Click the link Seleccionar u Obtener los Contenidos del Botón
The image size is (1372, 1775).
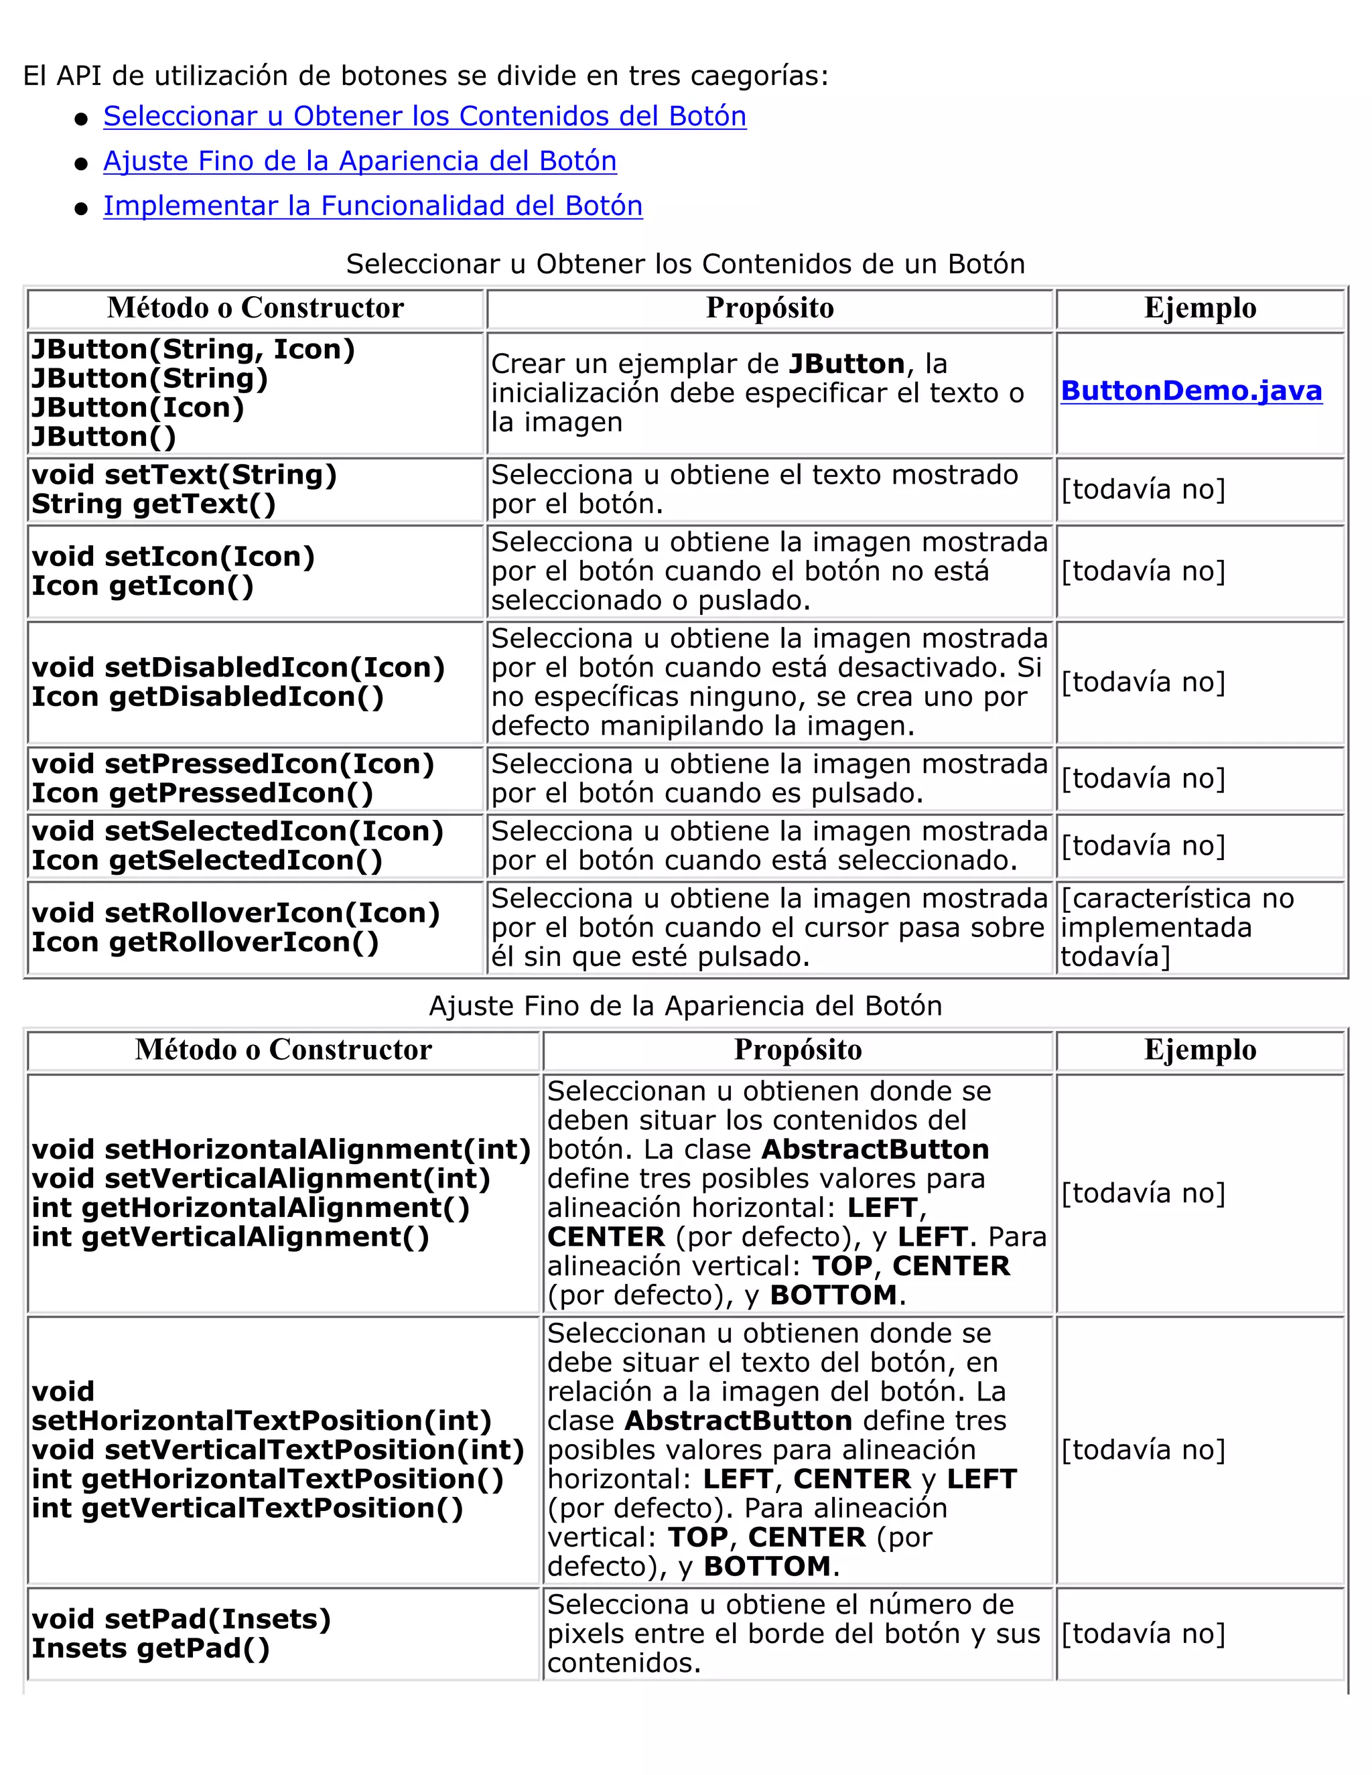(424, 117)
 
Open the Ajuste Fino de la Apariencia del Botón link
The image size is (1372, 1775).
(359, 161)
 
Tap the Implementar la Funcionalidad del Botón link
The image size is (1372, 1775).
(372, 206)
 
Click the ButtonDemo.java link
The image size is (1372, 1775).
(1190, 391)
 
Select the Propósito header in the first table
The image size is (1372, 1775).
(769, 308)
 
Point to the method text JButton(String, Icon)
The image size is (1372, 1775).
(194, 350)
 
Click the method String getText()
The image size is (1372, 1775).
(153, 504)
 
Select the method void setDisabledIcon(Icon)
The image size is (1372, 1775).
(238, 667)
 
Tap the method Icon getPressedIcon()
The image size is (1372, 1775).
(202, 793)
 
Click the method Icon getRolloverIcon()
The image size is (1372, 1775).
(205, 942)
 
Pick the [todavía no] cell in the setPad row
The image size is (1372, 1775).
(1142, 1634)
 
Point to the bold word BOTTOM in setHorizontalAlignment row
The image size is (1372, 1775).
(833, 1295)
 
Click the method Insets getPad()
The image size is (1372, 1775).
(150, 1648)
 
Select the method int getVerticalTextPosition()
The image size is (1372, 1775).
(247, 1508)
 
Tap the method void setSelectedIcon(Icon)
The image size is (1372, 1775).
(237, 831)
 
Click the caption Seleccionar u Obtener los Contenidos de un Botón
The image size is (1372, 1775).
(685, 264)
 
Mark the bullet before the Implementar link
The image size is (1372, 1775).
(80, 209)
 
